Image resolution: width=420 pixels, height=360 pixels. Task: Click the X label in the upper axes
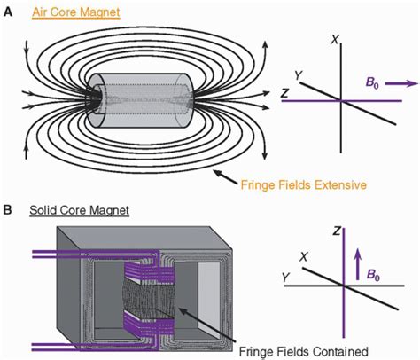[x=334, y=40]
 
